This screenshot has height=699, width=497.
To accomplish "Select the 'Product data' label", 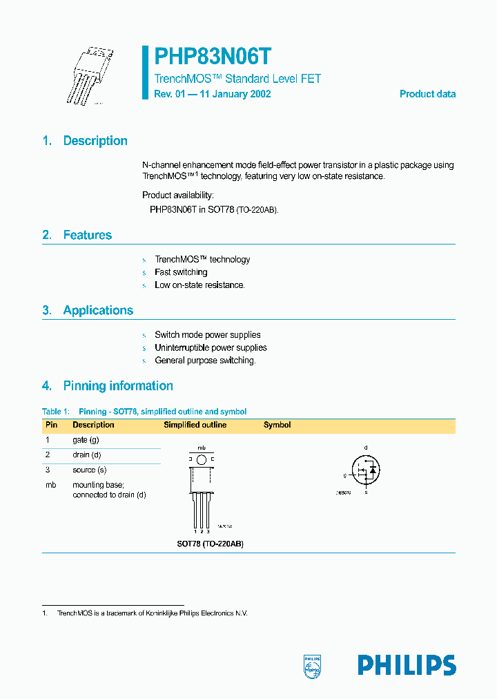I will [x=427, y=94].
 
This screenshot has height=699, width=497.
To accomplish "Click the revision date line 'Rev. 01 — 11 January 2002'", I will [x=213, y=94].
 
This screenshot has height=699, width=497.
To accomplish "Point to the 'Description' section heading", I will [x=95, y=141].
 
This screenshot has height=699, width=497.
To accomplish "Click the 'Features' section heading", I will [x=87, y=236].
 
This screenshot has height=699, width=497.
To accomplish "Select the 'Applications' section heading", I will [x=98, y=311].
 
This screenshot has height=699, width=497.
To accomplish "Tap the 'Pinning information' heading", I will [x=118, y=386].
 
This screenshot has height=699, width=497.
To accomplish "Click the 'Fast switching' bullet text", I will [x=181, y=272].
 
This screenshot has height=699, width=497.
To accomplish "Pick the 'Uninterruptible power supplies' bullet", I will [x=211, y=347].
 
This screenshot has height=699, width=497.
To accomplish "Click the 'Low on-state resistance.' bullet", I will [x=199, y=285].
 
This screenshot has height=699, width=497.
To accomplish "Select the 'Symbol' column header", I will [x=277, y=425].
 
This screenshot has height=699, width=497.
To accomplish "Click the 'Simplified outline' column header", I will [x=195, y=425].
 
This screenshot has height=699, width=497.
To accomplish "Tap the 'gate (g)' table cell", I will [x=86, y=440].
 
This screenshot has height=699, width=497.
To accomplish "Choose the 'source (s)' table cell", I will [x=90, y=470].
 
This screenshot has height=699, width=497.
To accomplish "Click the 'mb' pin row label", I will [x=50, y=485].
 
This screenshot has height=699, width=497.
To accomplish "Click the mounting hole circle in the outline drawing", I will [x=201, y=459].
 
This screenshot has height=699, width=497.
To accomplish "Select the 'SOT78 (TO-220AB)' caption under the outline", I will [x=210, y=544].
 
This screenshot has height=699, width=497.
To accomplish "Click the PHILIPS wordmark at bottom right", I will [x=407, y=665].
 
